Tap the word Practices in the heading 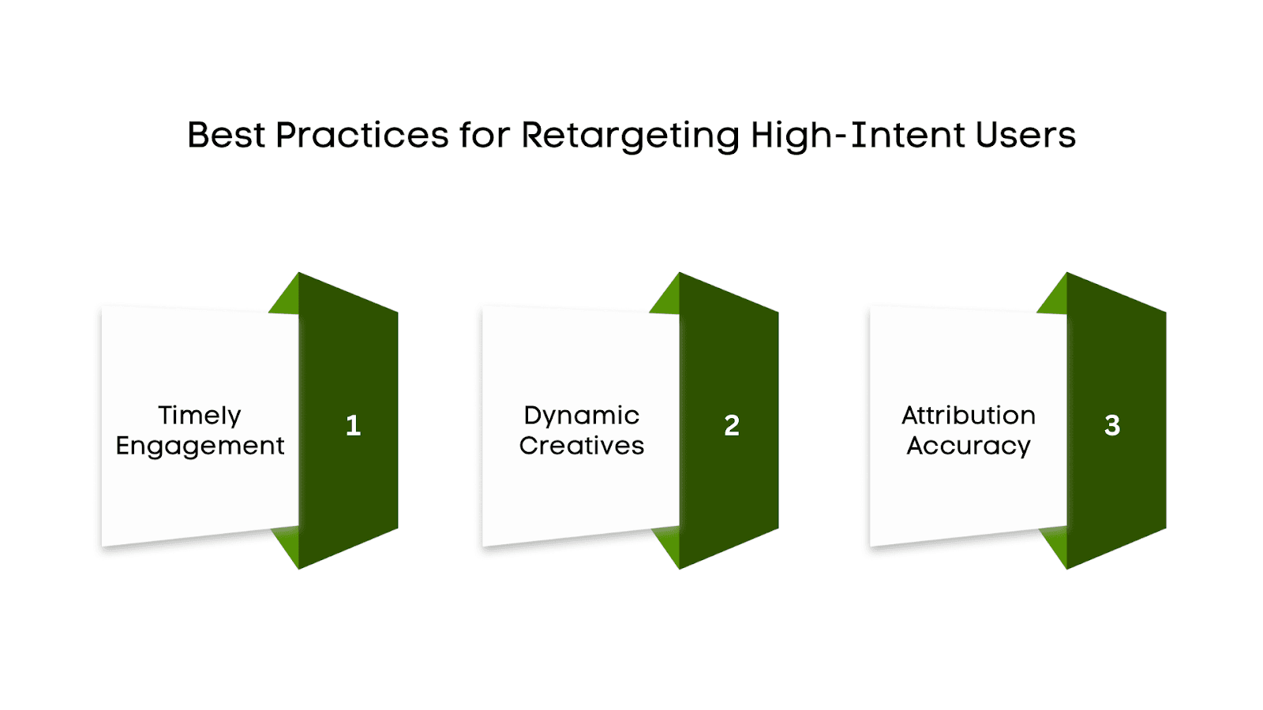pos(362,136)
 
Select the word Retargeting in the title pos(630,136)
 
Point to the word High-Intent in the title pos(857,135)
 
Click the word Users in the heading pos(1025,135)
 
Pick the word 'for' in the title pos(485,135)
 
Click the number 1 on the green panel pos(353,426)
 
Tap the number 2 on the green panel pos(732,426)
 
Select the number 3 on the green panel pos(1112,426)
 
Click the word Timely pos(200,416)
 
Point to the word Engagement pos(200,447)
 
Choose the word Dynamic pos(582,415)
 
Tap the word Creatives pos(582,446)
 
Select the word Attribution pos(969,415)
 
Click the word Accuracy pos(969,447)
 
